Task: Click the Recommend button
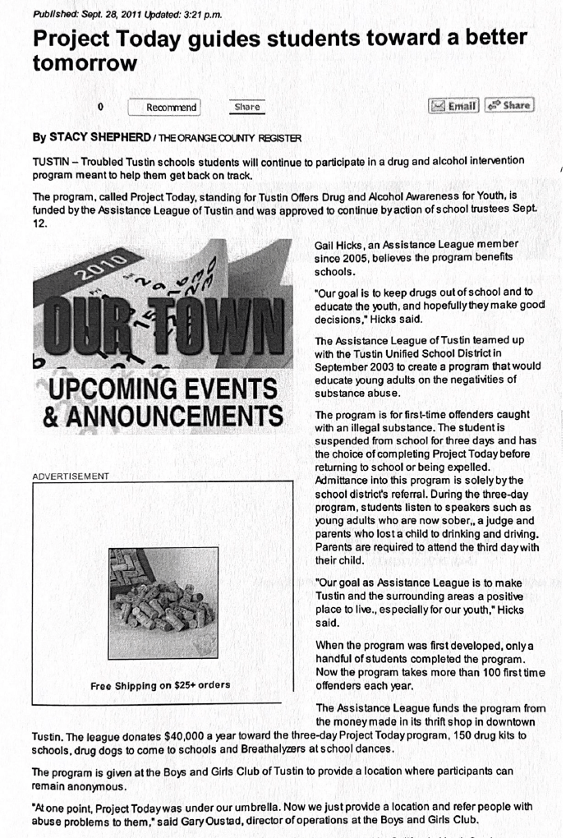click(x=164, y=107)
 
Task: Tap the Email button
click(x=454, y=105)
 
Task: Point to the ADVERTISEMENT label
click(x=71, y=476)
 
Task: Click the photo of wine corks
click(x=163, y=602)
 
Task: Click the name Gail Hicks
click(x=338, y=245)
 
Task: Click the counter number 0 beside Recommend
click(x=100, y=107)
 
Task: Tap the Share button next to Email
click(x=509, y=105)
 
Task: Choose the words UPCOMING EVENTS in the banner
click(x=160, y=388)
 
